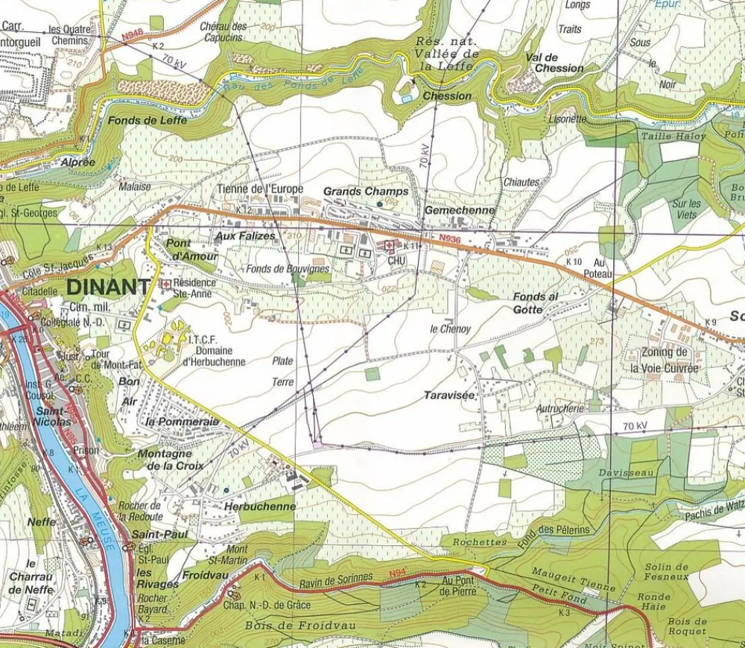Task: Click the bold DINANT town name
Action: click(x=108, y=286)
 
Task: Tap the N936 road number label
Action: click(x=449, y=238)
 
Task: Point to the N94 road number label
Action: click(x=397, y=574)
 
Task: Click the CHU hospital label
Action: click(x=396, y=260)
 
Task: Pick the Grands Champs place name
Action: click(x=366, y=191)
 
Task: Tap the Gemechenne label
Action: click(x=459, y=211)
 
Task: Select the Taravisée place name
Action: click(x=450, y=395)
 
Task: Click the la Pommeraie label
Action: click(x=183, y=422)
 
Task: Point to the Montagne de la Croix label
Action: click(x=165, y=460)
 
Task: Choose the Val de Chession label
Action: click(x=554, y=63)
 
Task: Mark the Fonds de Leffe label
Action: click(x=148, y=120)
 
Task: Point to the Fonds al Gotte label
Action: click(x=535, y=302)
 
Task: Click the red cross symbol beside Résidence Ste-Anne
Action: click(x=165, y=284)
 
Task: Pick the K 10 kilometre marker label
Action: click(x=574, y=262)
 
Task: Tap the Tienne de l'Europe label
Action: click(x=260, y=189)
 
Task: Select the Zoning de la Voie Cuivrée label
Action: click(x=664, y=360)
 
